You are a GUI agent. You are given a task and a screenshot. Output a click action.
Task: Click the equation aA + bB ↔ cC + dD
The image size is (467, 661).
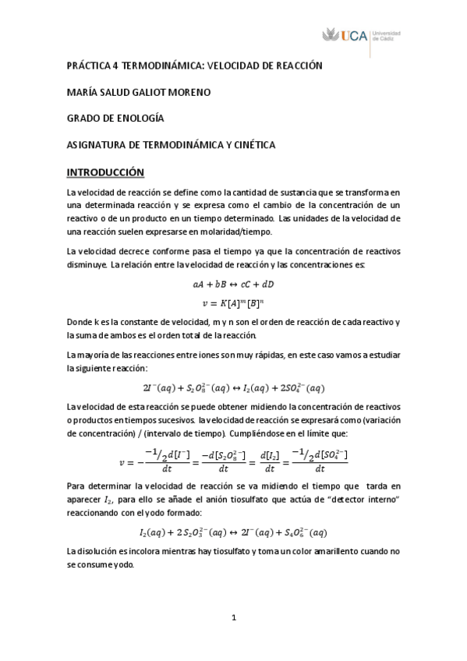pyautogui.click(x=234, y=285)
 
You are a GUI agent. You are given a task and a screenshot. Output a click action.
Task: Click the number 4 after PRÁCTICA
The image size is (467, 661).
pyautogui.click(x=113, y=67)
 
